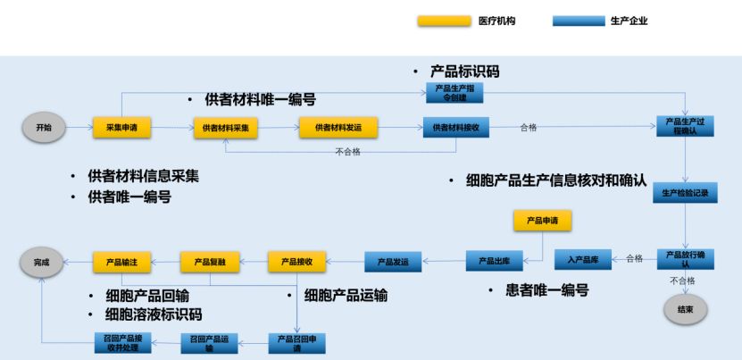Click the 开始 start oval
(44, 128)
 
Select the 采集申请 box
(121, 128)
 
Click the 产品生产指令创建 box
(454, 93)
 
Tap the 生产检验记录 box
(686, 192)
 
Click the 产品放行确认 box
(686, 258)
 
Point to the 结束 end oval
(686, 309)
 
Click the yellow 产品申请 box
(542, 220)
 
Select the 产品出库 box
(494, 261)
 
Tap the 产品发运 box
(392, 262)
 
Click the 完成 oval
(43, 262)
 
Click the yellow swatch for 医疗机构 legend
(444, 21)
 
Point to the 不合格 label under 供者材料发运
(347, 152)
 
